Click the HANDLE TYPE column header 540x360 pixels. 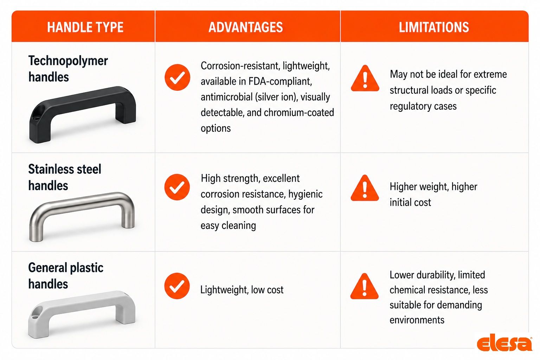tap(85, 27)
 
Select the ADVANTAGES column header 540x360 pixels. tap(246, 27)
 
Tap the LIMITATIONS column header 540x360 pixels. tap(434, 27)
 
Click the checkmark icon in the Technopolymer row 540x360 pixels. tap(178, 77)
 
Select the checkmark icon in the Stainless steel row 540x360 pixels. tap(177, 187)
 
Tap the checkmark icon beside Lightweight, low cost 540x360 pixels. tap(177, 286)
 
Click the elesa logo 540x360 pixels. tap(504, 342)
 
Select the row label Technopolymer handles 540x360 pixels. tap(68, 69)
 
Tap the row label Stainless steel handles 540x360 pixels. tap(65, 177)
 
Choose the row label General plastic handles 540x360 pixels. tap(66, 276)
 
